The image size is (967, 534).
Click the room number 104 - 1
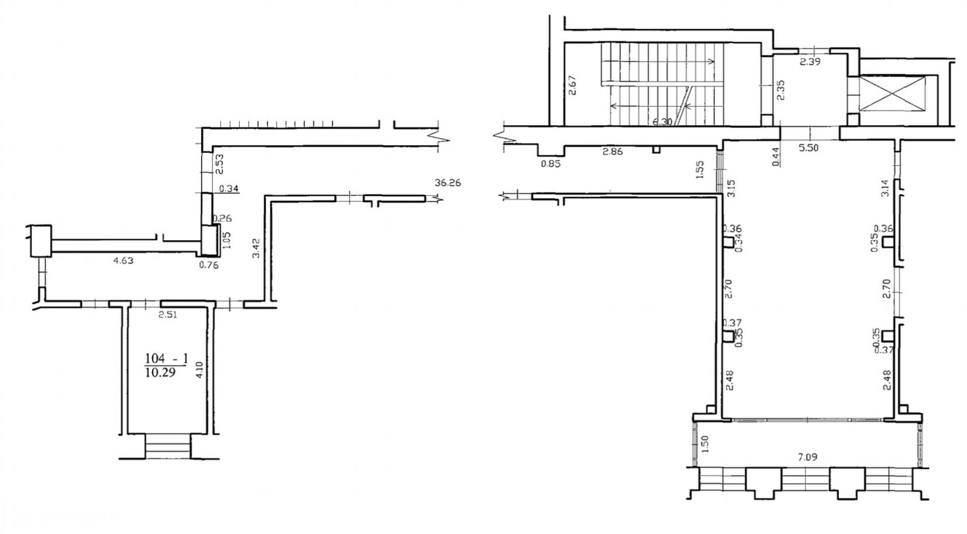[x=166, y=359]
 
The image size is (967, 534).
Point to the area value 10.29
[x=160, y=372]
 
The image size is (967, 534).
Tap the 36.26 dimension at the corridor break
[x=447, y=182]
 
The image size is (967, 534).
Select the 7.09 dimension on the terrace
[x=808, y=457]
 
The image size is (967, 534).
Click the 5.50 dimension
[x=808, y=148]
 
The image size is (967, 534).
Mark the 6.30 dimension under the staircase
[x=662, y=122]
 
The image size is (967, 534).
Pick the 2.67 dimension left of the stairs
[x=573, y=85]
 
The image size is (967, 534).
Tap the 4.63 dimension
[x=123, y=261]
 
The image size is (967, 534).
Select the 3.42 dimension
[x=257, y=248]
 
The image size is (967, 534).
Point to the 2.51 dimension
[x=167, y=315]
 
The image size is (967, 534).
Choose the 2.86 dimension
[x=612, y=151]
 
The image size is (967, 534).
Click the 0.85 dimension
[x=551, y=164]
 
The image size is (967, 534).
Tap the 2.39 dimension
[x=810, y=62]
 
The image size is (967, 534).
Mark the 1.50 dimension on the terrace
[x=705, y=443]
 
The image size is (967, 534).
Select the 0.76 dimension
[x=209, y=265]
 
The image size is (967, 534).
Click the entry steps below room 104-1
[x=168, y=446]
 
